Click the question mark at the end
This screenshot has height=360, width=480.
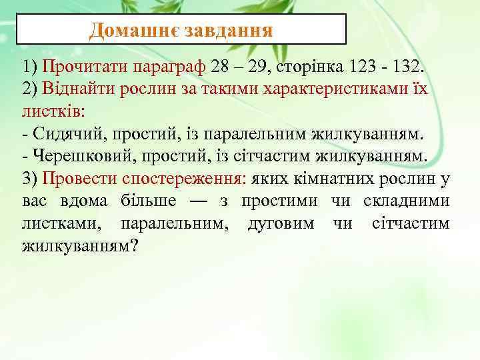[134, 246]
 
